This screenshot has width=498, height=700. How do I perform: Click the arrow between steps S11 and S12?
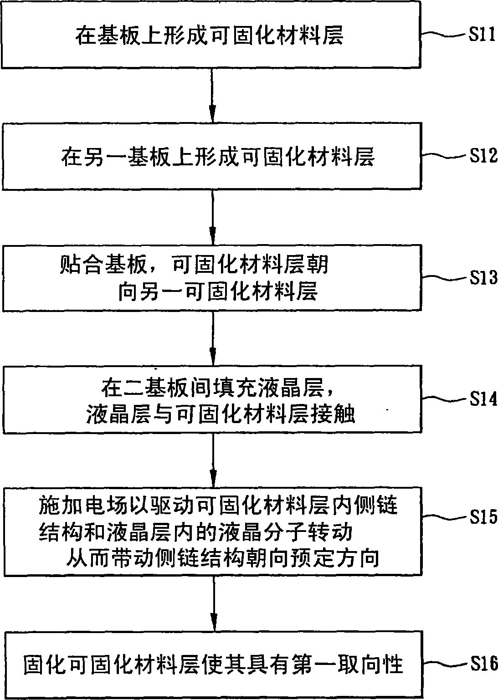coord(212,95)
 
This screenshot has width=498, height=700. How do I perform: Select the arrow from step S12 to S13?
coord(213,217)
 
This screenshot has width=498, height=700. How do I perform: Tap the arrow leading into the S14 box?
coord(213,338)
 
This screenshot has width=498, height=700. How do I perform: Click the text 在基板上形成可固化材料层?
coord(209,36)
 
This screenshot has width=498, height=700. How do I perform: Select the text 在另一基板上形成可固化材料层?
coord(218,156)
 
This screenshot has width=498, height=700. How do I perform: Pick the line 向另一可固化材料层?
coord(218,291)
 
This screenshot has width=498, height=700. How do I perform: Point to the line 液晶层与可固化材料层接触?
coord(221,414)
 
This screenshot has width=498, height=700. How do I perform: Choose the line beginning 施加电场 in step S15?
coord(218,505)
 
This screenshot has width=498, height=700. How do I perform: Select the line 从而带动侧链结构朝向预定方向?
coord(223,558)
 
